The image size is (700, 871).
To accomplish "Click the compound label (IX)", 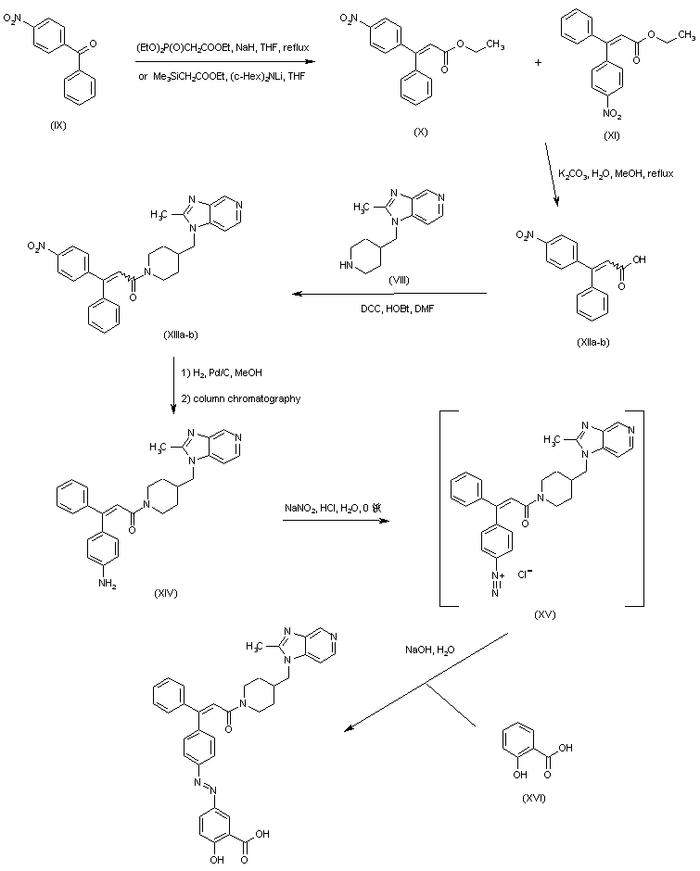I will [58, 125].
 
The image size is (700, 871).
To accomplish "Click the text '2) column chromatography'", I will [239, 398].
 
